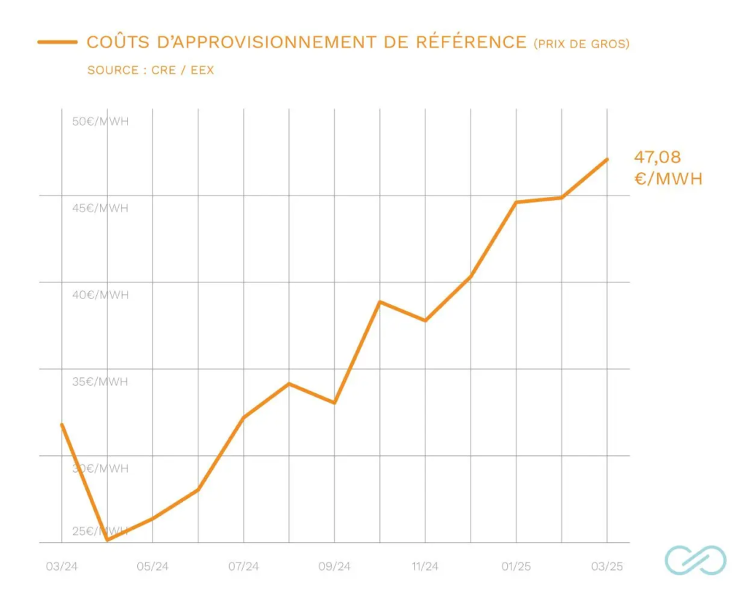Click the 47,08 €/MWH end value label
tap(667, 167)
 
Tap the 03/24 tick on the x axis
tap(61, 566)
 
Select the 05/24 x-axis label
tap(152, 566)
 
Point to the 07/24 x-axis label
tap(244, 566)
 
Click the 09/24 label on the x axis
tap(335, 566)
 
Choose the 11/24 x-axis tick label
tap(425, 566)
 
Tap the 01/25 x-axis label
tap(516, 566)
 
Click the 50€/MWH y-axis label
tap(100, 121)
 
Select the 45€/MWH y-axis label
tap(100, 208)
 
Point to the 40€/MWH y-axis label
tap(100, 295)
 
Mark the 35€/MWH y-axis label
tap(100, 382)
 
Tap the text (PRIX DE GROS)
tap(581, 44)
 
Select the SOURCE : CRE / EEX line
tap(150, 71)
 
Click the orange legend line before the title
tap(58, 42)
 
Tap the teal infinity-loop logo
tap(695, 560)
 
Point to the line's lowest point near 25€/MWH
tap(107, 540)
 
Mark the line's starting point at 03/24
tap(61, 424)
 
